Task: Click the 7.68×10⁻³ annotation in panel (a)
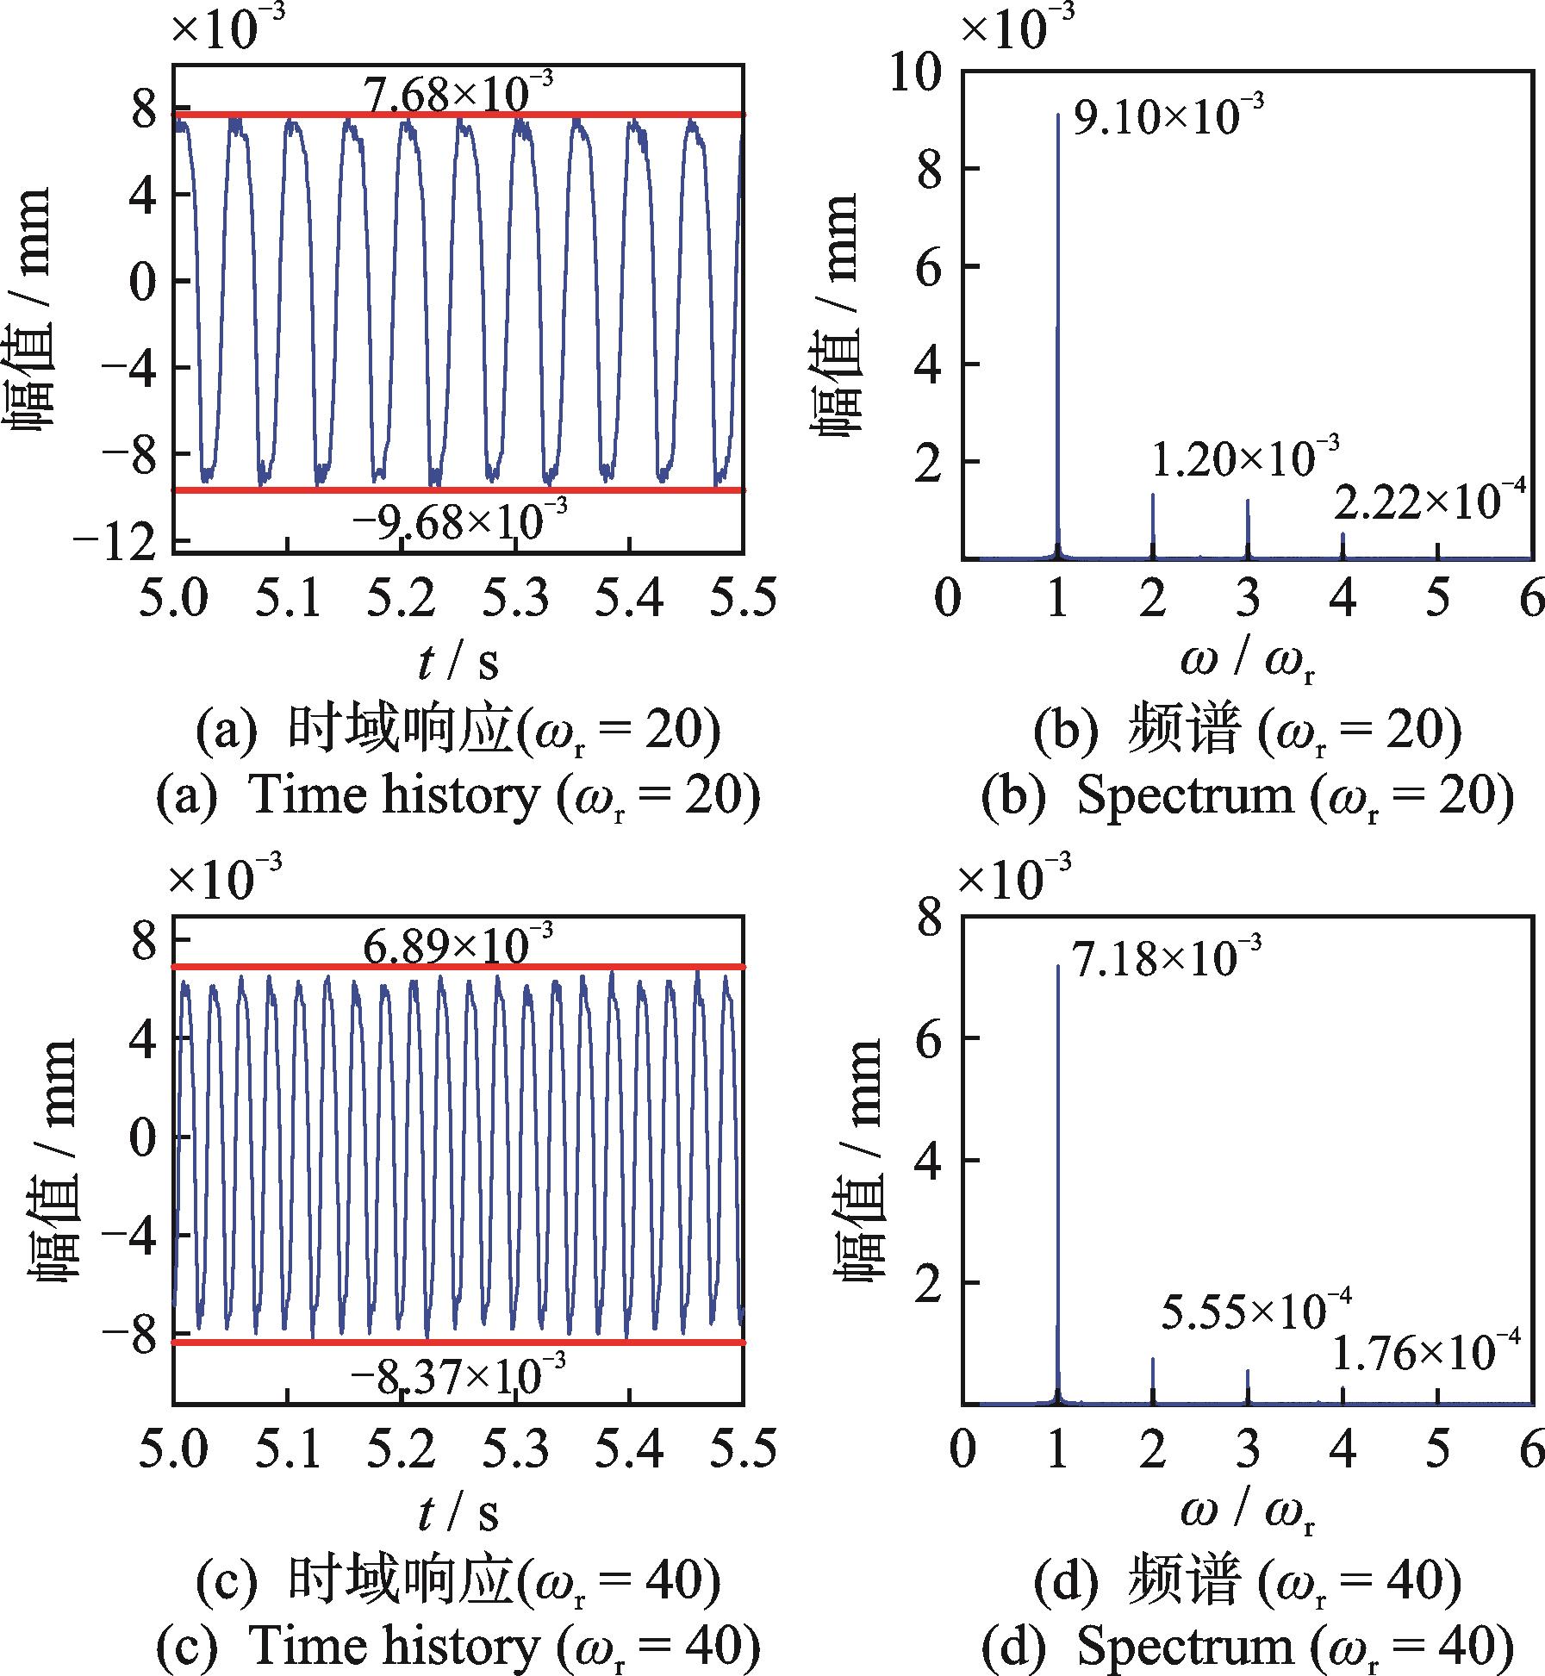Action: (x=458, y=93)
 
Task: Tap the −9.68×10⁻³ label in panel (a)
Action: (x=458, y=520)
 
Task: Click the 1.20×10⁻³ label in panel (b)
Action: (x=1245, y=458)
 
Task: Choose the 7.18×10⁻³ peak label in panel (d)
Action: (x=1168, y=957)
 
